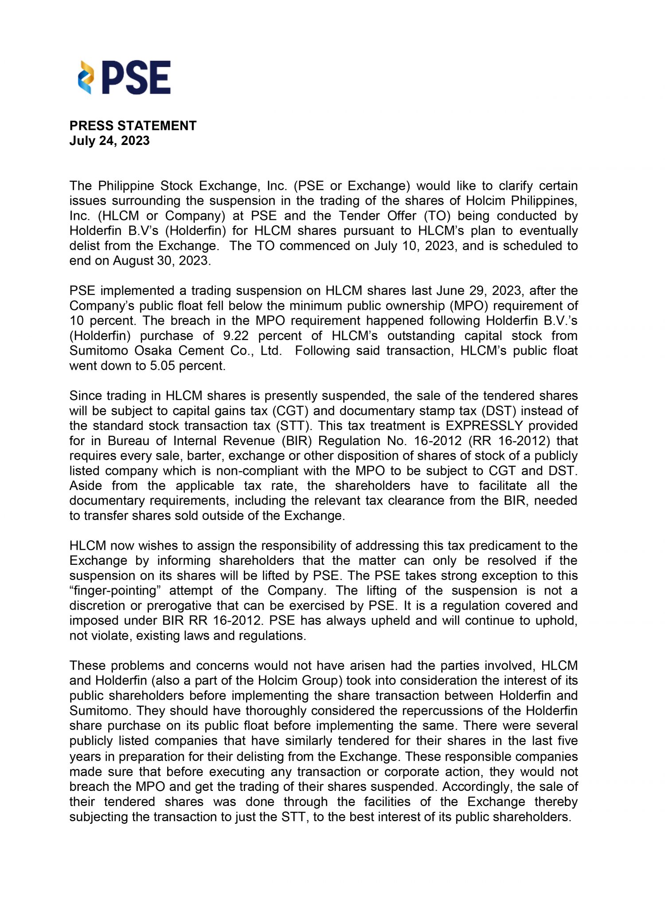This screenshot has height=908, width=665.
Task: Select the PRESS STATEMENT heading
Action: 133,126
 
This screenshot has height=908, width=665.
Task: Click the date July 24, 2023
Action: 110,141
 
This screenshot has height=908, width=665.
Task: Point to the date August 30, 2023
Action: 160,261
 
